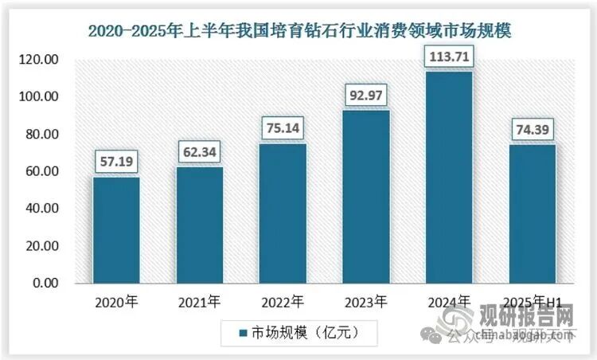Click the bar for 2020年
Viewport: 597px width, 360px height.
pyautogui.click(x=116, y=230)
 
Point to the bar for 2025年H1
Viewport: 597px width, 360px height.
pyautogui.click(x=533, y=214)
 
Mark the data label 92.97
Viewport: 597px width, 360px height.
pyautogui.click(x=366, y=96)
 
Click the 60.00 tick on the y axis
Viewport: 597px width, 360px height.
pyautogui.click(x=40, y=172)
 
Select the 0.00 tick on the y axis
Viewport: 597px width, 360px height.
pyautogui.click(x=43, y=284)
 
